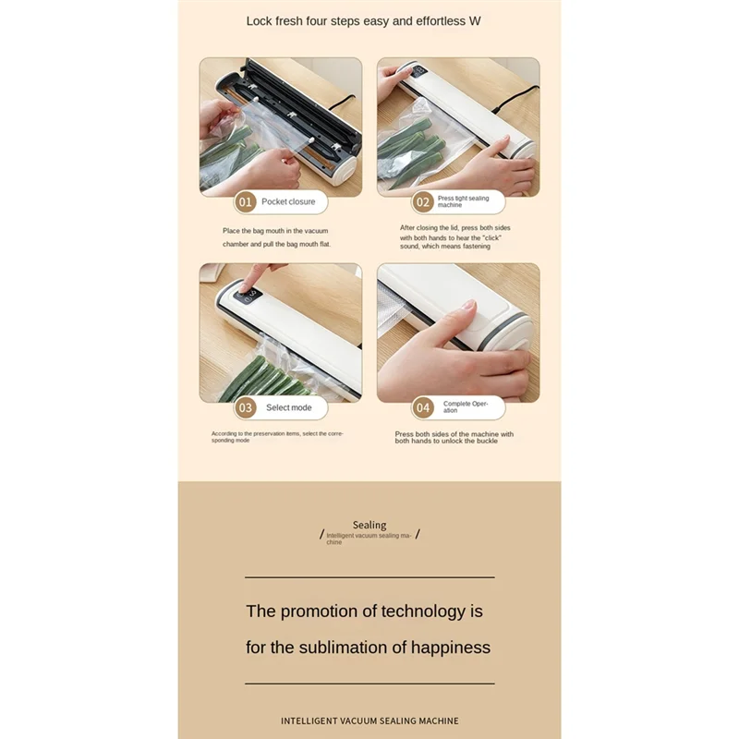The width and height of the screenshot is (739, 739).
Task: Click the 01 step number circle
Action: point(245,202)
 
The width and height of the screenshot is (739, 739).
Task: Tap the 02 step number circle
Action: point(423,202)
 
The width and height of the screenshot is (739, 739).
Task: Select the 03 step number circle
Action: point(245,407)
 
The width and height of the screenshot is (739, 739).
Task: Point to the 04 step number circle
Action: point(423,407)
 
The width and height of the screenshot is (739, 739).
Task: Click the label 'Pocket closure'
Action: point(288,201)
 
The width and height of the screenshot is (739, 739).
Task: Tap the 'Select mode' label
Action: point(289,407)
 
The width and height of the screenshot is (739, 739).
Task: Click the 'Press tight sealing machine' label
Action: point(464,201)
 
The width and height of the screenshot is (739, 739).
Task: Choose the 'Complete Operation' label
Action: point(466,406)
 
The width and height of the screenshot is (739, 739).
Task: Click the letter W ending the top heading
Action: point(475,21)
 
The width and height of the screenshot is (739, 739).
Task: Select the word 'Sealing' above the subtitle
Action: point(369,525)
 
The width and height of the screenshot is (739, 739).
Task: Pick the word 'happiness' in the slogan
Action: point(451,648)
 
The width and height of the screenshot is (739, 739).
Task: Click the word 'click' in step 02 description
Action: point(492,238)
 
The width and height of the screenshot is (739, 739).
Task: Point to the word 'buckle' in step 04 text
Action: point(488,442)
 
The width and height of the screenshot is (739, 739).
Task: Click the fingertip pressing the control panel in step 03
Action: point(244,287)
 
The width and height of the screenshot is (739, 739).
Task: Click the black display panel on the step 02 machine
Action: point(418,72)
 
